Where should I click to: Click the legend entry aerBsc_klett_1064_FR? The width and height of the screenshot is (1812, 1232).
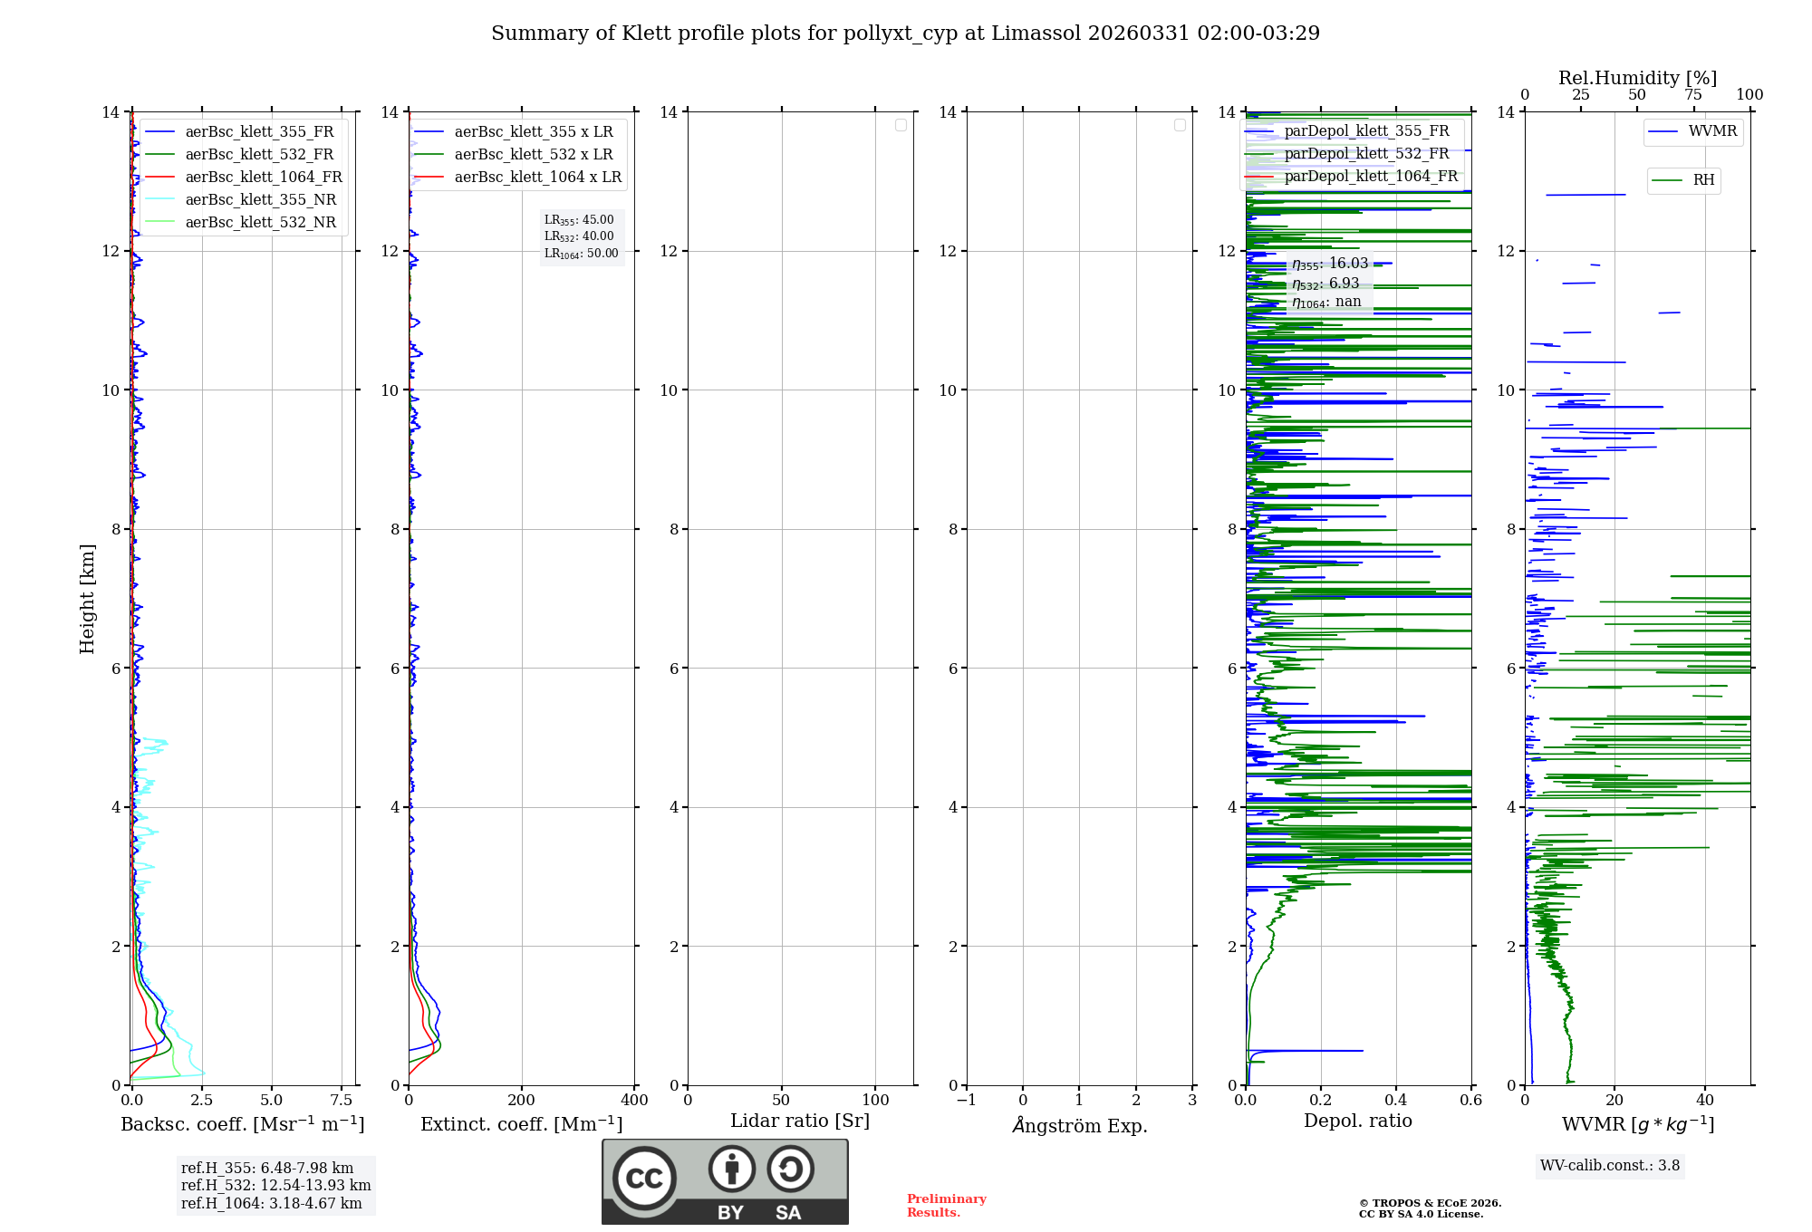click(263, 178)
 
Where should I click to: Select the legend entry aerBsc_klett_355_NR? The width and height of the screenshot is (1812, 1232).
click(260, 200)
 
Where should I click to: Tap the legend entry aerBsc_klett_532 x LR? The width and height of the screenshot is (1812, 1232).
click(533, 155)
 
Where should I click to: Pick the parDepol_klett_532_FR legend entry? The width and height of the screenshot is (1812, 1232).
click(1366, 154)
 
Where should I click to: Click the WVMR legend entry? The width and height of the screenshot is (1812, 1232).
click(1711, 131)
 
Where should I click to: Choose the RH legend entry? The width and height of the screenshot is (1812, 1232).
click(1702, 180)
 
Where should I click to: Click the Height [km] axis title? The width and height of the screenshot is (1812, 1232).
click(87, 599)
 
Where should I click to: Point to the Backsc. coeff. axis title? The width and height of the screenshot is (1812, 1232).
click(243, 1124)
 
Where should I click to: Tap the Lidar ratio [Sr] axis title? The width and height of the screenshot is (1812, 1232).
click(800, 1121)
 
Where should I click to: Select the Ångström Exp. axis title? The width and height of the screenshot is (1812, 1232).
click(1079, 1125)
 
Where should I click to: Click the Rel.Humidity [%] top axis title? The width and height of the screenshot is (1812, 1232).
click(1637, 78)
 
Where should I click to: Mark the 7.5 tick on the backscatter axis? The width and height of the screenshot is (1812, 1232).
click(342, 1101)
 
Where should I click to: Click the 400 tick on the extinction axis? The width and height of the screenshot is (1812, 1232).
click(634, 1101)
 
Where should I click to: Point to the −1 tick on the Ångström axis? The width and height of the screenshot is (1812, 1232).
click(967, 1101)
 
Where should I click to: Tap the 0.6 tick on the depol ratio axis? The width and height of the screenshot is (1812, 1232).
click(1470, 1101)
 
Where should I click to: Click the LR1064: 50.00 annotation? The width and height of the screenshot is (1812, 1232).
click(582, 254)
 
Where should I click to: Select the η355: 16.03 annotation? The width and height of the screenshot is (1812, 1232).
click(1330, 264)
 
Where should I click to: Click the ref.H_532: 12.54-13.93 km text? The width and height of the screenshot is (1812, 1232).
click(275, 1186)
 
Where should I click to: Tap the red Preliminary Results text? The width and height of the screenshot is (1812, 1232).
click(946, 1206)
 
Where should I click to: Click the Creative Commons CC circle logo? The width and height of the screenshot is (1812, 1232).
click(644, 1179)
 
